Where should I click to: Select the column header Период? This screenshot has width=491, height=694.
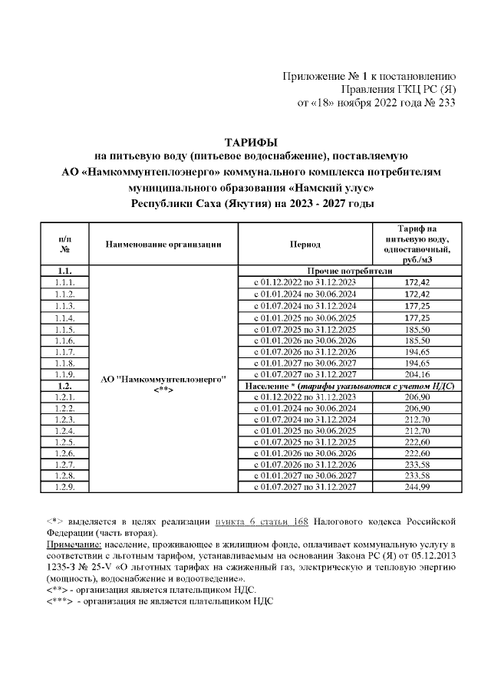coord(305,244)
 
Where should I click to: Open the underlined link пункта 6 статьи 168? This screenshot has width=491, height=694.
coord(260,521)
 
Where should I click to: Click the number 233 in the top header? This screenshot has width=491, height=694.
coord(446,103)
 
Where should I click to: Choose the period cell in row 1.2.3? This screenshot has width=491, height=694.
coord(305,419)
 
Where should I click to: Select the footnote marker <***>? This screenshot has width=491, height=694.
coord(60,600)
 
